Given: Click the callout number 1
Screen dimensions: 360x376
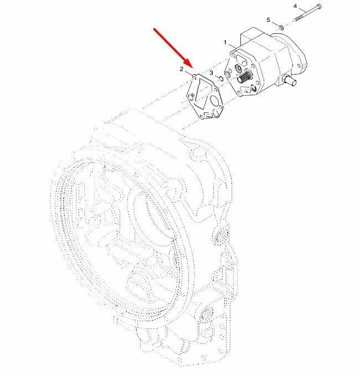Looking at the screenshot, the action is click(x=225, y=43).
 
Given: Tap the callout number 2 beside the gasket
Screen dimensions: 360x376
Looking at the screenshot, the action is click(x=182, y=69).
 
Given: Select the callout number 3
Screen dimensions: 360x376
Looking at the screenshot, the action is click(x=211, y=73).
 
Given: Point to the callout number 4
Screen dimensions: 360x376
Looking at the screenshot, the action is click(x=295, y=6).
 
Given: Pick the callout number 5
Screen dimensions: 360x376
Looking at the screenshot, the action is click(x=269, y=20).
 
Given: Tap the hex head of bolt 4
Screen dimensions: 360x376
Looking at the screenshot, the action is click(x=319, y=6).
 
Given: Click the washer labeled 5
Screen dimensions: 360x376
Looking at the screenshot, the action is click(x=281, y=28).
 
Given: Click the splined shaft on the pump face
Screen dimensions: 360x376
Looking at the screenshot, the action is click(x=245, y=77).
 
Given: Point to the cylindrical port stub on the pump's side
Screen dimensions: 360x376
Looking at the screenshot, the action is click(x=290, y=81).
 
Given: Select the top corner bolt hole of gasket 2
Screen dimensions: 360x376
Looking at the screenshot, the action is click(x=194, y=77).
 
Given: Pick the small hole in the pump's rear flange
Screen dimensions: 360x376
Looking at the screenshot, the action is click(x=299, y=65).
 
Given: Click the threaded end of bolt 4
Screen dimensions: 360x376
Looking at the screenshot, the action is click(x=299, y=17).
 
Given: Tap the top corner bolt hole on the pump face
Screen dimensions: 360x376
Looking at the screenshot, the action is click(x=233, y=55).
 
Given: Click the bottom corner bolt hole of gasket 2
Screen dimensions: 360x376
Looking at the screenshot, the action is click(x=202, y=116).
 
